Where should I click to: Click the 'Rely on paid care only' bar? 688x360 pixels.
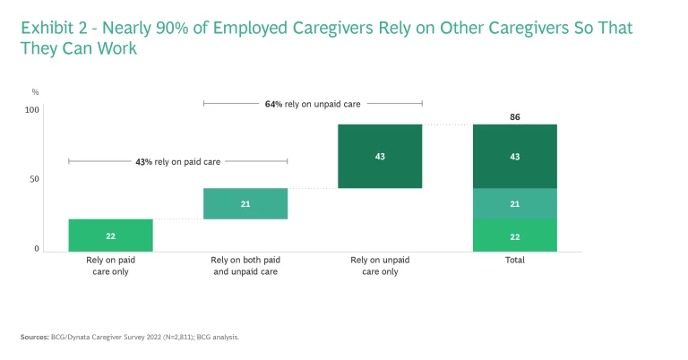point(110,235)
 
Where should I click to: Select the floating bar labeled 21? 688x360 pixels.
point(245,203)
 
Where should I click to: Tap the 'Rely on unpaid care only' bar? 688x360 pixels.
point(380,156)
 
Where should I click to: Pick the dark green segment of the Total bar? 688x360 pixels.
point(514,156)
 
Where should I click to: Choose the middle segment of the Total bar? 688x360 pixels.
point(514,203)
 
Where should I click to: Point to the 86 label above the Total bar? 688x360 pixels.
point(514,117)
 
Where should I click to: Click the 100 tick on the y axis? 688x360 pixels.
point(32,110)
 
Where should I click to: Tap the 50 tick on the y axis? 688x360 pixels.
point(35,179)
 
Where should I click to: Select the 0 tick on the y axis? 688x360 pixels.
point(37,249)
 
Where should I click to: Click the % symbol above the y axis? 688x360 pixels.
point(35,91)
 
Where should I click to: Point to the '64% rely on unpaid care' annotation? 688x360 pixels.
point(313,104)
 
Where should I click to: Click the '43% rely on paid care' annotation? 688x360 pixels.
point(177,162)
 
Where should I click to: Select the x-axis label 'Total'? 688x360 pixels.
point(514,260)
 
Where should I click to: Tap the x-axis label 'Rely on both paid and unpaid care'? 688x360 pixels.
point(245,265)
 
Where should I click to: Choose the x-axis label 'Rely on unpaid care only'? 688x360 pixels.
point(380,265)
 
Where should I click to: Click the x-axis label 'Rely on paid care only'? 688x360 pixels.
point(110,265)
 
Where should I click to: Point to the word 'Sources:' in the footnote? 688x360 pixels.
point(35,337)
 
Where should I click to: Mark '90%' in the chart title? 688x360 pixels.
point(175,28)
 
